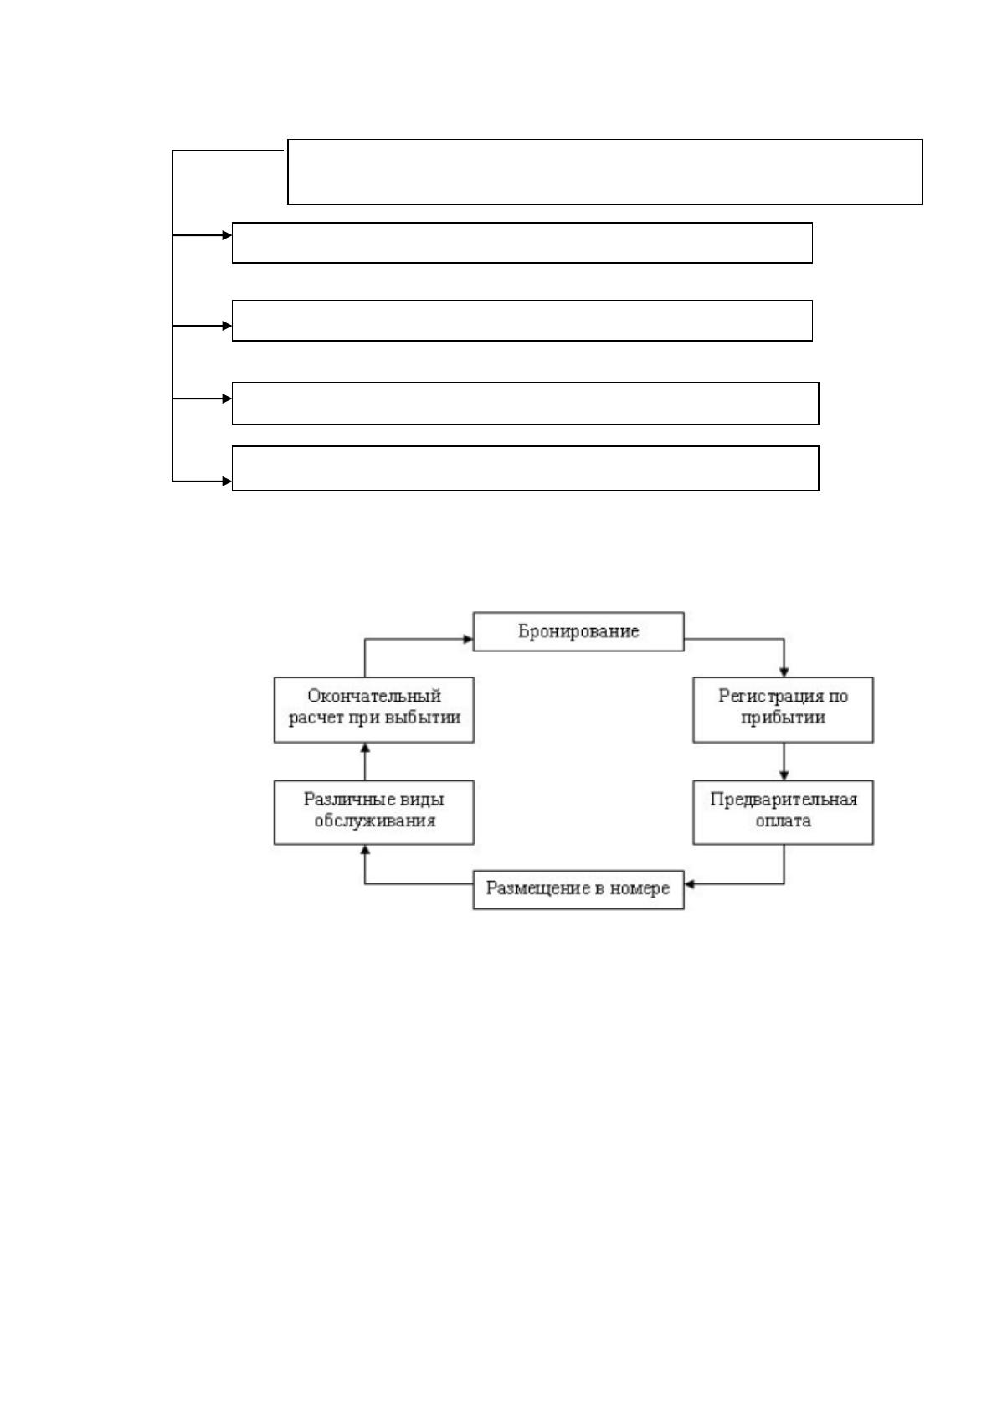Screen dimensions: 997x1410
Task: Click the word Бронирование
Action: point(578,630)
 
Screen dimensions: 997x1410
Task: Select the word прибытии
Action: point(783,718)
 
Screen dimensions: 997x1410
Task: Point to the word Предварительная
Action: point(783,800)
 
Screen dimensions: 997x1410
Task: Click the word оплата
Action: point(783,821)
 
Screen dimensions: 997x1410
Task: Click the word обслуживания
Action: point(374,821)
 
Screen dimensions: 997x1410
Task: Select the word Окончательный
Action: point(374,696)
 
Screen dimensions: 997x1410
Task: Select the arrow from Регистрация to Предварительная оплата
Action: point(784,761)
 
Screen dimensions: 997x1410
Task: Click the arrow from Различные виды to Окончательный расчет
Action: point(365,761)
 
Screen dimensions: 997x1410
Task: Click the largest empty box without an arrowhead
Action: point(605,140)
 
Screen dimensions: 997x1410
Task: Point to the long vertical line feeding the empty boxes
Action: point(172,316)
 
